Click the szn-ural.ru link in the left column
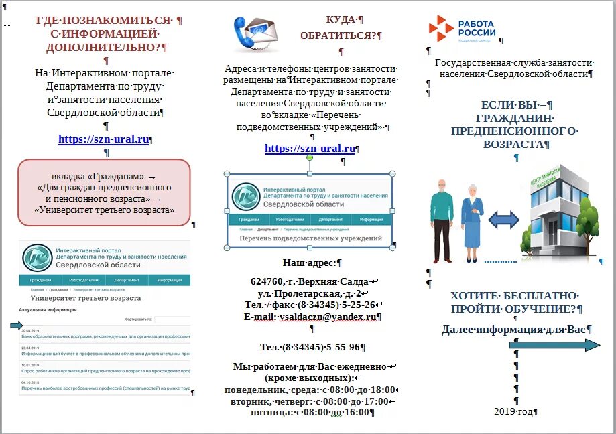[x=103, y=139]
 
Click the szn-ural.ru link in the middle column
[x=310, y=148]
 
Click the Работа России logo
[x=463, y=29]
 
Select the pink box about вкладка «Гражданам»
[x=104, y=191]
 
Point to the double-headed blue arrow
[x=504, y=220]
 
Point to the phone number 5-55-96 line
[x=310, y=347]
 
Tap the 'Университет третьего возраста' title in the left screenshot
[x=86, y=297]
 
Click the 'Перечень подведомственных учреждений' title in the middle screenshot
[x=310, y=238]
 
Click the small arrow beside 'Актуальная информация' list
[x=16, y=325]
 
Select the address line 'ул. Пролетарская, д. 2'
[x=310, y=293]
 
